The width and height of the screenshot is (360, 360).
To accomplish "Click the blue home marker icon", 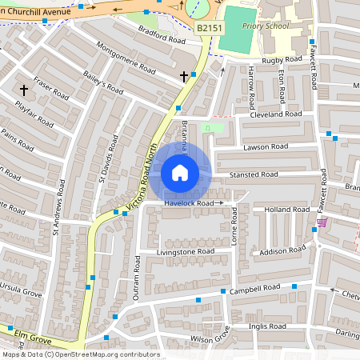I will pyautogui.click(x=180, y=172).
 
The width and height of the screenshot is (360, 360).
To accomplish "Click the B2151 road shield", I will pyautogui.click(x=209, y=27).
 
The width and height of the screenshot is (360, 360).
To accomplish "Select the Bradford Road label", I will pyautogui.click(x=161, y=38).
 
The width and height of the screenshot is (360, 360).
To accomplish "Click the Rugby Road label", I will pyautogui.click(x=282, y=60).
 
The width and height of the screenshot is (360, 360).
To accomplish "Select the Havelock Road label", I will pyautogui.click(x=190, y=204).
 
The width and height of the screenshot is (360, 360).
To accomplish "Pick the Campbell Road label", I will pyautogui.click(x=254, y=289).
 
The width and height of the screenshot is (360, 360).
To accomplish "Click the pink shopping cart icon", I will pyautogui.click(x=322, y=222).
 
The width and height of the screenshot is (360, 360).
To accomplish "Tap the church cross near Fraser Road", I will pyautogui.click(x=24, y=90).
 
